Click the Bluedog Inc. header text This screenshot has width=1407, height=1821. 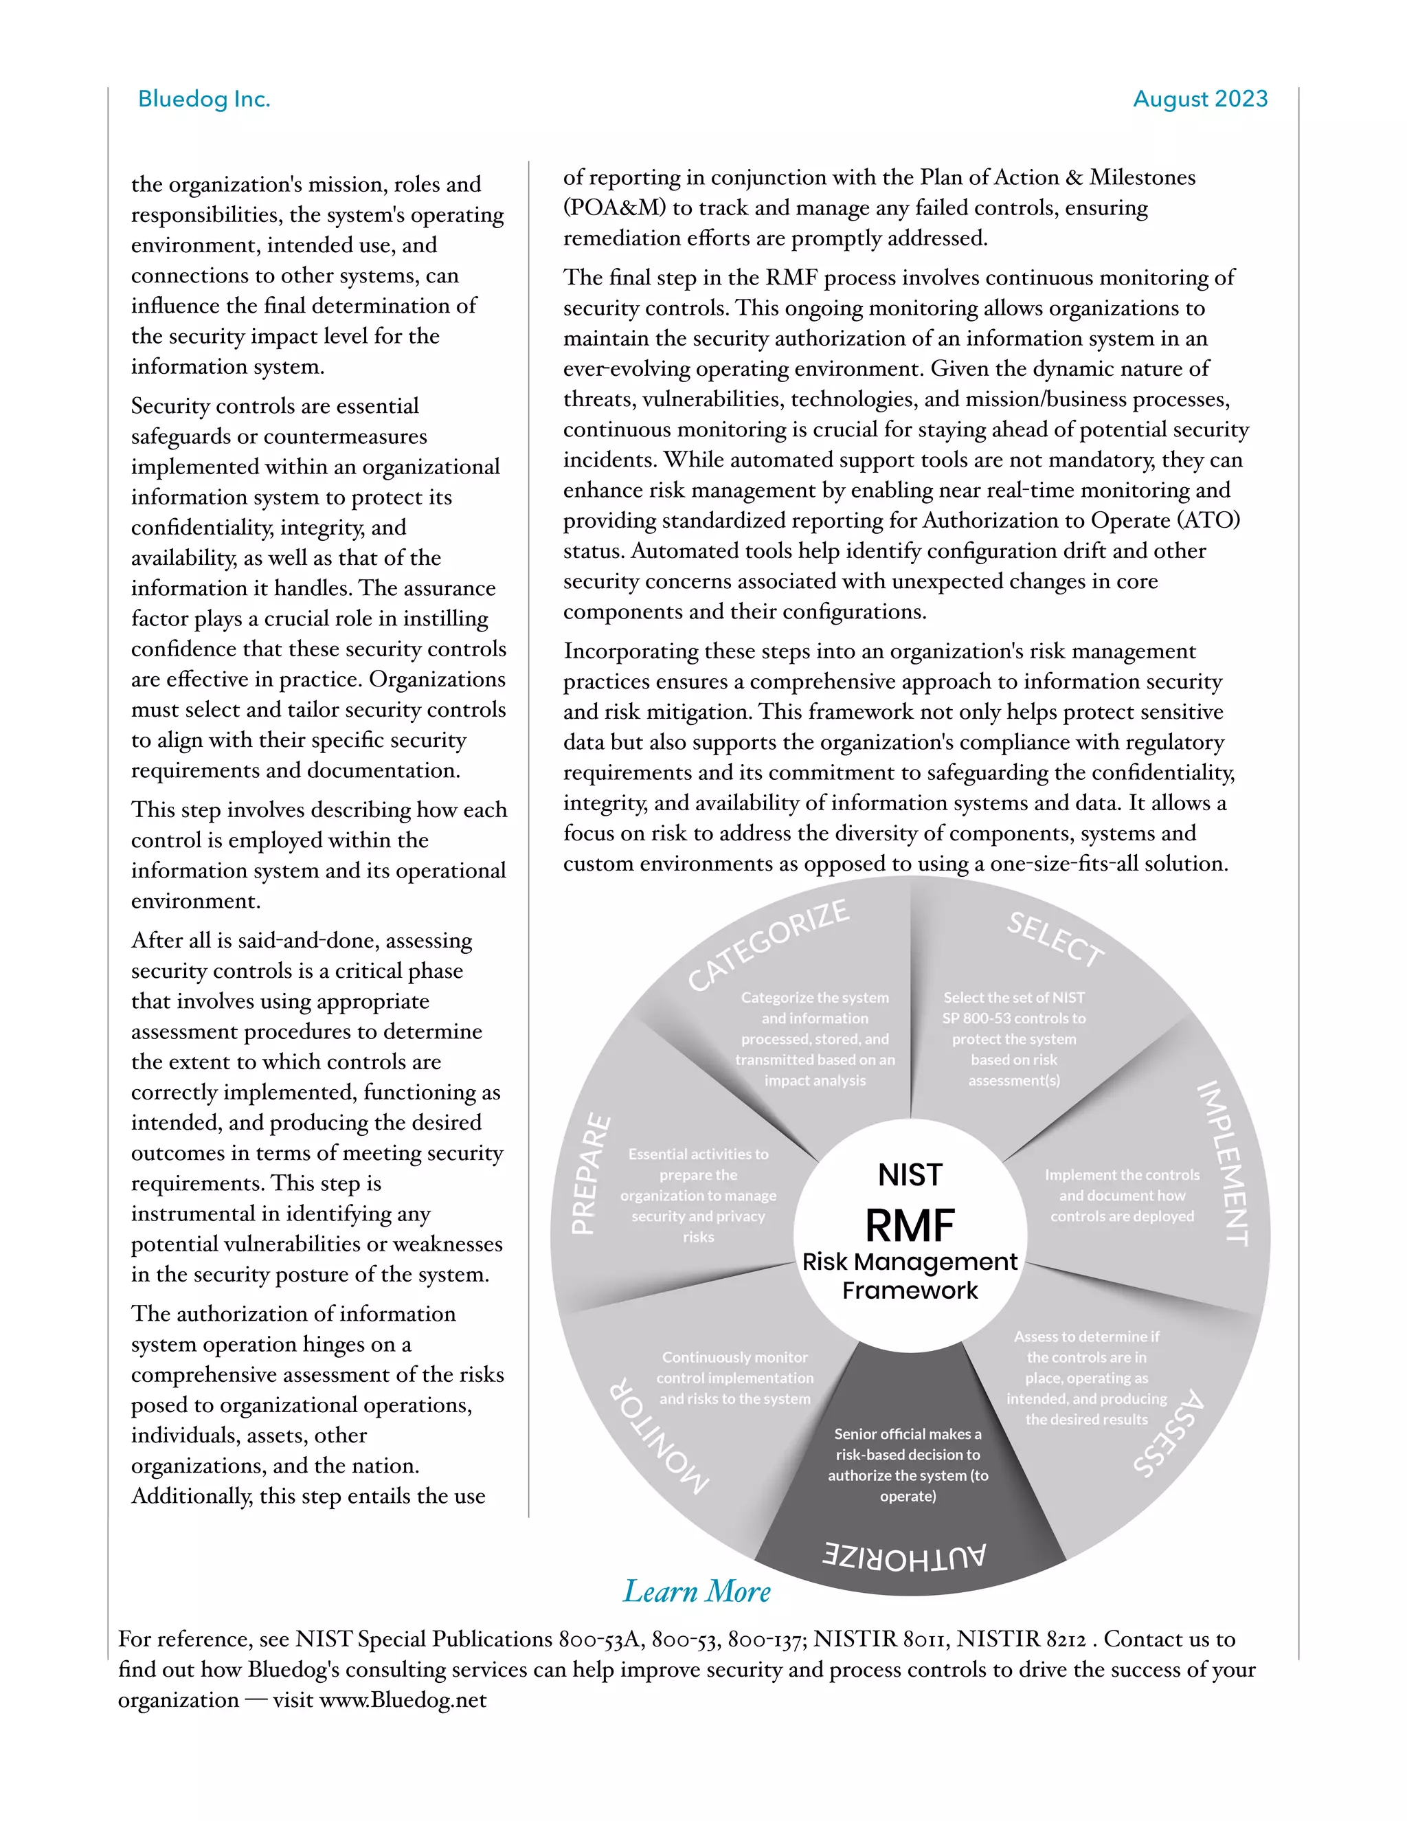point(204,99)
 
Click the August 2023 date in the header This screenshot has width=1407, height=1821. point(1200,99)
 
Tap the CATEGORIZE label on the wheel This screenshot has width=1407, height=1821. point(767,945)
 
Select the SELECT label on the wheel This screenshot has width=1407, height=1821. point(1055,939)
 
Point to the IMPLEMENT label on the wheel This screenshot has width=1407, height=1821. point(1223,1163)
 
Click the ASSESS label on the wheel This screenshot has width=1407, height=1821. point(1169,1433)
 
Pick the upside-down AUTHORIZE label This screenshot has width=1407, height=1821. point(903,1556)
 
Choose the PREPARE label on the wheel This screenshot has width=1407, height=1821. point(590,1173)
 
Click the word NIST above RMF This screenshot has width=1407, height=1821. point(910,1175)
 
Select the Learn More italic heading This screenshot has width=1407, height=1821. point(697,1591)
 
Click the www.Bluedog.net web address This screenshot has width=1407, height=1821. point(403,1700)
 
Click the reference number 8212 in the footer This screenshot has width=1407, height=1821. point(1066,1639)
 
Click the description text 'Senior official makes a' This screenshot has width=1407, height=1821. point(908,1434)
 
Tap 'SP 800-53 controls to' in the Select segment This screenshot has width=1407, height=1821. point(1013,1018)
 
